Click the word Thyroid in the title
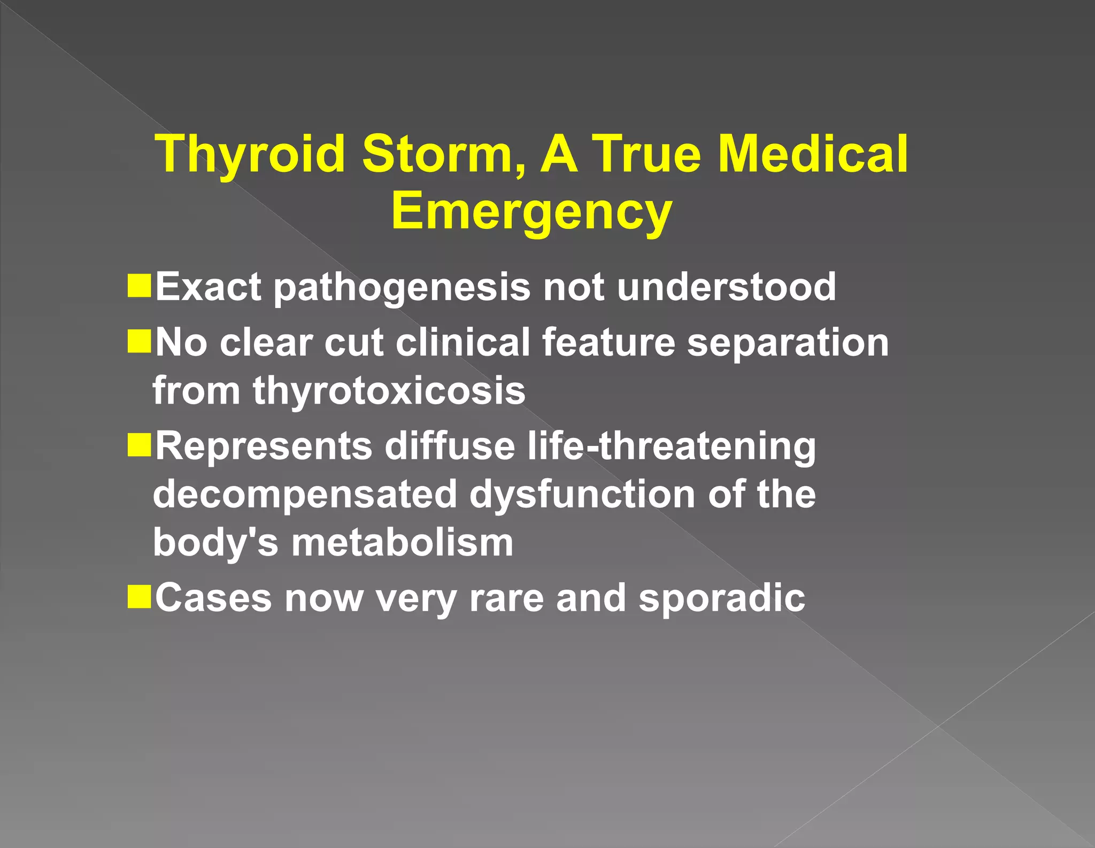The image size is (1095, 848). [x=250, y=155]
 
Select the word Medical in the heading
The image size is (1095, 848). [x=813, y=155]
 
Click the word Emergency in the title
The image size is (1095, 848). [x=531, y=212]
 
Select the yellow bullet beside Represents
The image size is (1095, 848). [x=140, y=445]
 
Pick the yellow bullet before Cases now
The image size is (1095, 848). [x=140, y=597]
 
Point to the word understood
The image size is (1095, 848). [x=726, y=287]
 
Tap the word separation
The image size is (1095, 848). [x=788, y=343]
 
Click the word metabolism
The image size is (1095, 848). [x=402, y=543]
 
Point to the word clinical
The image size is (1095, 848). [x=462, y=343]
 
